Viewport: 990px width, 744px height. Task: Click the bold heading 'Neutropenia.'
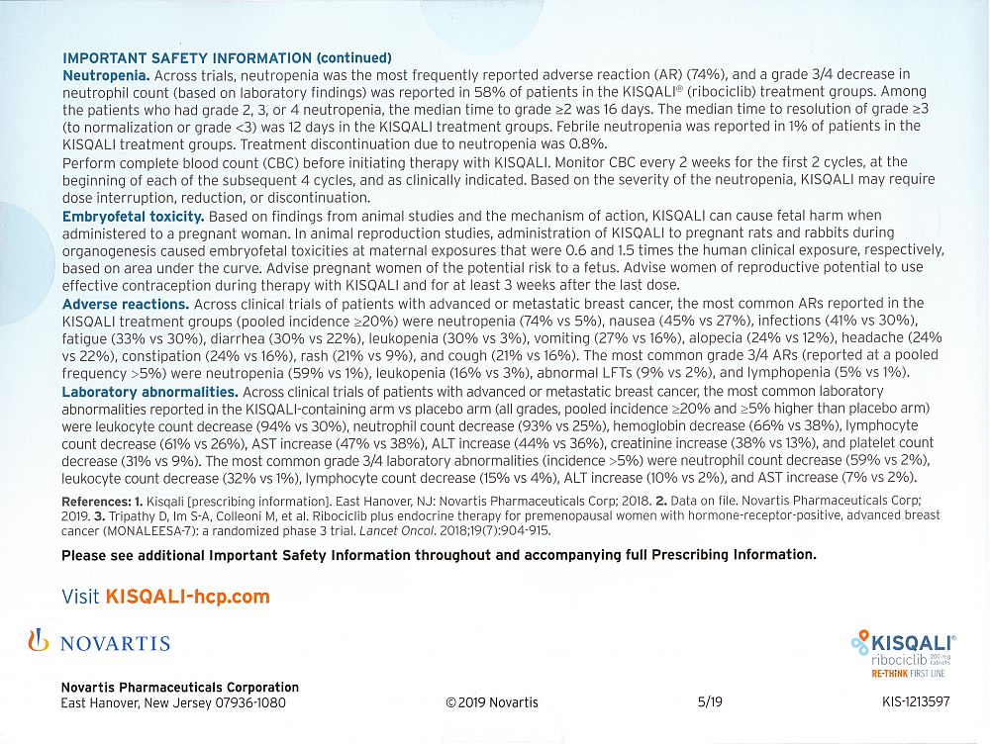pyautogui.click(x=106, y=74)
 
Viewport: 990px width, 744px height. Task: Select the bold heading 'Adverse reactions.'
pyautogui.click(x=126, y=303)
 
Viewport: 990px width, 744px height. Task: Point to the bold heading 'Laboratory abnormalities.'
pyautogui.click(x=149, y=392)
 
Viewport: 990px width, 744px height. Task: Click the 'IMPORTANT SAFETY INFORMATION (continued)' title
pyautogui.click(x=227, y=58)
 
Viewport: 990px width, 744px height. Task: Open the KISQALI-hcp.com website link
pyautogui.click(x=187, y=597)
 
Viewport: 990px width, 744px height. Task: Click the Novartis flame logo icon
pyautogui.click(x=39, y=641)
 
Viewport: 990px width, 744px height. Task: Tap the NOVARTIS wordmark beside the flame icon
pyautogui.click(x=115, y=644)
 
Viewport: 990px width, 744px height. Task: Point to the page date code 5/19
pyautogui.click(x=710, y=702)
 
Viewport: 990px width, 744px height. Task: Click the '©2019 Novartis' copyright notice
pyautogui.click(x=492, y=702)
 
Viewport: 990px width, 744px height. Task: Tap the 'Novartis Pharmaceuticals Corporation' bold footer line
pyautogui.click(x=179, y=688)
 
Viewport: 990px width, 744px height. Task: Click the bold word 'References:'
pyautogui.click(x=95, y=502)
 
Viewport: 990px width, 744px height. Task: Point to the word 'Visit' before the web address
pyautogui.click(x=80, y=597)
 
